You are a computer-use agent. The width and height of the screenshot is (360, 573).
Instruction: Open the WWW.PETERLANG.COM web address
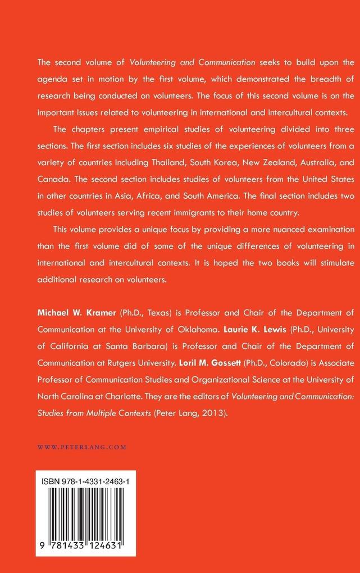click(x=81, y=447)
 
